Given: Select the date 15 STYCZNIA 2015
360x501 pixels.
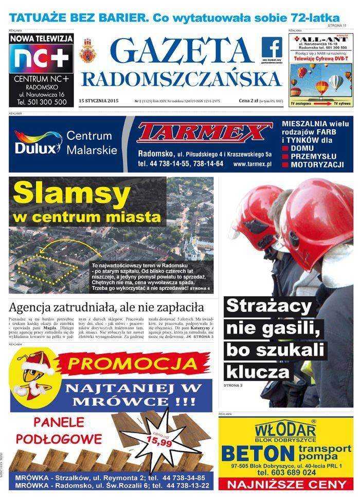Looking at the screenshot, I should click(x=99, y=101).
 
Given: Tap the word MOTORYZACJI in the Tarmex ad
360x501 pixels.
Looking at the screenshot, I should click(x=317, y=165).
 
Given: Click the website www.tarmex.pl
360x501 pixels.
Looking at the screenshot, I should click(x=251, y=164).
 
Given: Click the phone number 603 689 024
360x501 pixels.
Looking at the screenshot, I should click(x=293, y=473).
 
